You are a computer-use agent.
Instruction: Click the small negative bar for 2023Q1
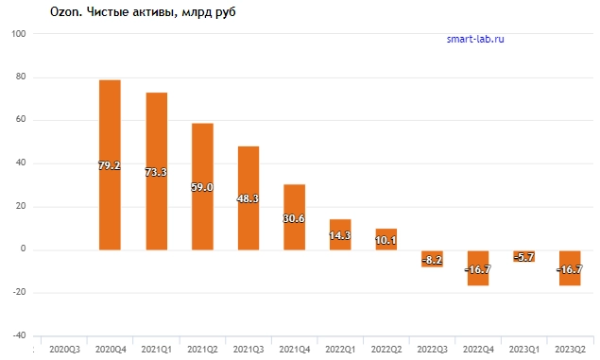click(525, 255)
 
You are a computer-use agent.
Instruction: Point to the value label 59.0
click(202, 188)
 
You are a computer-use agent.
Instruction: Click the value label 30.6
click(295, 217)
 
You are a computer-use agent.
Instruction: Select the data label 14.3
click(340, 235)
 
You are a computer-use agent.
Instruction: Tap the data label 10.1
click(386, 240)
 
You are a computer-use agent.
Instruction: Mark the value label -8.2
click(433, 258)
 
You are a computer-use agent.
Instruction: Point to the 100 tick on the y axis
click(17, 34)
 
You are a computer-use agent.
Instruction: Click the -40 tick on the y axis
click(17, 335)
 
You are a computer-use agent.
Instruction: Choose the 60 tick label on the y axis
click(19, 120)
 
